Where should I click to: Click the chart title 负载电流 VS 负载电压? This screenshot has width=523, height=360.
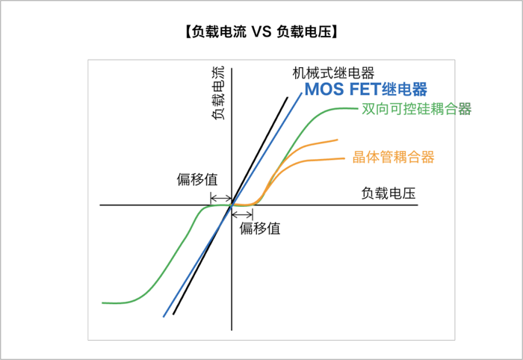pos(261,31)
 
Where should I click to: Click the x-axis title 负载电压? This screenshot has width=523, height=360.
pos(388,193)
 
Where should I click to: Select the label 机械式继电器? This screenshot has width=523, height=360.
pos(333,73)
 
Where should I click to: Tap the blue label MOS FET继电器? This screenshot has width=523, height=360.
pos(366,90)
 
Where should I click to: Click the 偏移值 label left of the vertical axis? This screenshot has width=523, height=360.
pos(197,179)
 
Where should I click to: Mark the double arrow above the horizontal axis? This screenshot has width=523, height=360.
pos(220,198)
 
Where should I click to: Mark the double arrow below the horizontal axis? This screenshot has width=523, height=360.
pos(243,214)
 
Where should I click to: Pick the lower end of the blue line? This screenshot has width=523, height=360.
pos(164,317)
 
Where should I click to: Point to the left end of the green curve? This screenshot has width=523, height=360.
pos(102,302)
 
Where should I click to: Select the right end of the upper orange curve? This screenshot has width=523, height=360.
pos(338,140)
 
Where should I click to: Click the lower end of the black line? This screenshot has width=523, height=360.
pos(174,314)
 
